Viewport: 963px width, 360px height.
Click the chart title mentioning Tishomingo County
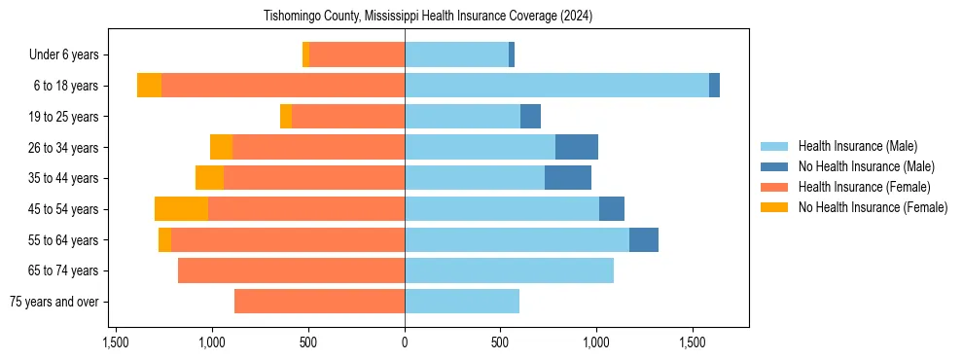tap(428, 17)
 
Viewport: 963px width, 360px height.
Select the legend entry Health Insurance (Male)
tap(857, 146)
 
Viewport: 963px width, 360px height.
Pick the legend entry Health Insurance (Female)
tap(864, 187)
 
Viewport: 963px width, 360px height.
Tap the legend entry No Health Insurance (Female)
tap(873, 207)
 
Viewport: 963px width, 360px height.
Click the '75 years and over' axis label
tap(53, 302)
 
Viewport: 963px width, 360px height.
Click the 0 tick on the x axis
tap(405, 342)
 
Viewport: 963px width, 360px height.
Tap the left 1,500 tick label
tap(116, 342)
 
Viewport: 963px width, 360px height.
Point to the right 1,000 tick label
tap(596, 342)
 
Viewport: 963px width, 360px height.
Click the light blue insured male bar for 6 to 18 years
tap(556, 86)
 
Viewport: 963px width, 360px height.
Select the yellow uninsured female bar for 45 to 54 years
tap(181, 209)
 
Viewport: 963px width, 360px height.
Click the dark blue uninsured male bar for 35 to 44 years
tap(568, 178)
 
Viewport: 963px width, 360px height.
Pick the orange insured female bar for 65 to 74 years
tap(291, 270)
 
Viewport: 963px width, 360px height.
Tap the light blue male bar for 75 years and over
tap(462, 302)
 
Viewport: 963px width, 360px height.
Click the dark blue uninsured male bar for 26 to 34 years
tap(577, 147)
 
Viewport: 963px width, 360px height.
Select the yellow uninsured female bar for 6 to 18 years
tap(149, 86)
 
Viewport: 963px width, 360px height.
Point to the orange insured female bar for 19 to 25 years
tap(348, 117)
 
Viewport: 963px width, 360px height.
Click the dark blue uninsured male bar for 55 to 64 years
tap(644, 240)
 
